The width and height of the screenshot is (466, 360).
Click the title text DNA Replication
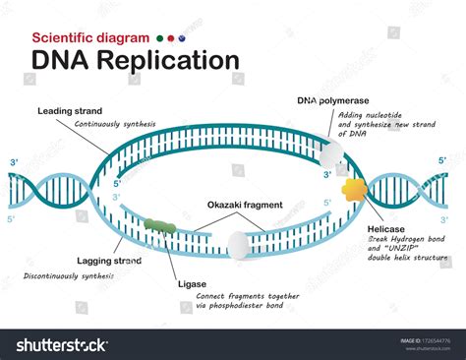[136, 60]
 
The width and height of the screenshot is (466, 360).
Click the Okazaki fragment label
[245, 205]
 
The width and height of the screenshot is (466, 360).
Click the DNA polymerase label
[333, 100]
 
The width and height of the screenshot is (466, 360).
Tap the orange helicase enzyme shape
[355, 189]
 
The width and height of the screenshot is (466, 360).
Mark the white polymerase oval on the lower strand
[238, 245]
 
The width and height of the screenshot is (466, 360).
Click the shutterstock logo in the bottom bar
[62, 344]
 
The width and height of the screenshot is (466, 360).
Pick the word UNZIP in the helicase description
[401, 247]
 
